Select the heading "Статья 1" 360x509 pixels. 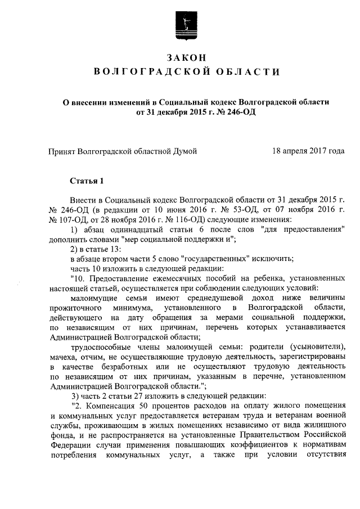87,181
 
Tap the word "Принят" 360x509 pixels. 64,151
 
